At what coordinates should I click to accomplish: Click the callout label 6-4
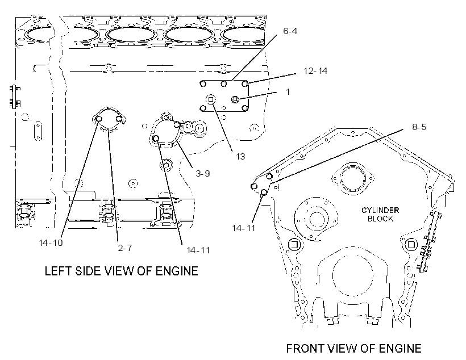coord(290,31)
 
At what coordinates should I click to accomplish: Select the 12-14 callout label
coord(315,70)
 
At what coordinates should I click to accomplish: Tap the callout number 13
coord(240,156)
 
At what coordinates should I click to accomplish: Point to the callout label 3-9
coord(203,173)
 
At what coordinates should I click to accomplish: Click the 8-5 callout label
coord(419,127)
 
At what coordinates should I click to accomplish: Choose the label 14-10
coord(51,242)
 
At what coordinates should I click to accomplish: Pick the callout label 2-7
coord(125,248)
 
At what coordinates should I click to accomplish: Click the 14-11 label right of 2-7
coord(198,250)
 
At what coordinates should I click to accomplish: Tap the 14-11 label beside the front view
coord(244,228)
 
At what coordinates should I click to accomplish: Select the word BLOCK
coord(380,219)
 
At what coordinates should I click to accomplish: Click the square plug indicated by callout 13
coord(211,99)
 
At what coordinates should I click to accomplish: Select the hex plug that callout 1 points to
coord(235,99)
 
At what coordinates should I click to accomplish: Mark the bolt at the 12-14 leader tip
coord(244,84)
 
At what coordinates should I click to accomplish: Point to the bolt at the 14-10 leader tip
coord(99,119)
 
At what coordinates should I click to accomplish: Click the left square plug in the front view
coord(294,245)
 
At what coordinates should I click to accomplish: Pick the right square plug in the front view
coord(411,245)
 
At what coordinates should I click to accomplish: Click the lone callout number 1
coord(288,92)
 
